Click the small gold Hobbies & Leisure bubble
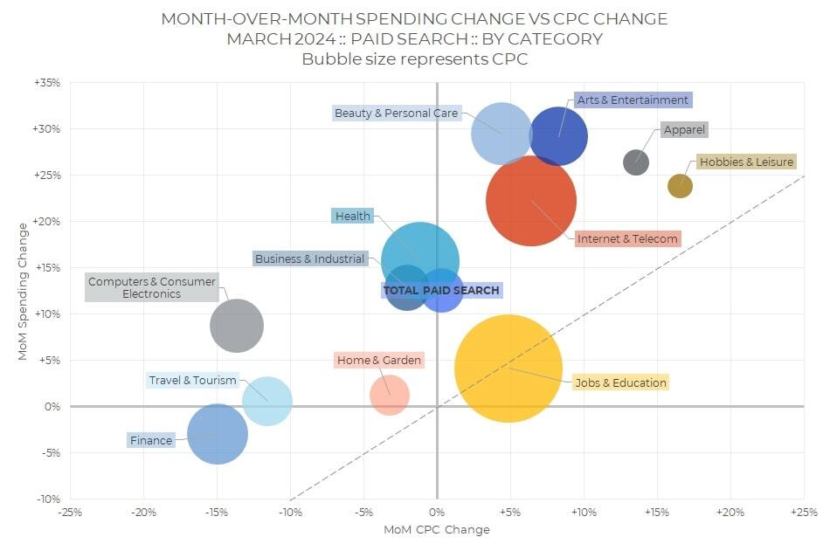coord(680,185)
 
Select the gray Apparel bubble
coord(636,162)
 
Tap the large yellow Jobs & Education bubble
coord(508,368)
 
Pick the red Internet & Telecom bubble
coord(531,200)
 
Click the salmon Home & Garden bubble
coord(390,395)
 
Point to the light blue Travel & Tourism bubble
coord(267,401)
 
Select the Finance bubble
coord(218,434)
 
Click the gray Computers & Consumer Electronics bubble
coord(237,326)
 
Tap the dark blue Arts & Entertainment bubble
coord(559,136)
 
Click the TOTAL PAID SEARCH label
coord(441,290)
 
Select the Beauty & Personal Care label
coord(396,114)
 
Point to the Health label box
coord(353,216)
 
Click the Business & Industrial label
coord(309,258)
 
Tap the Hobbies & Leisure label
coord(746,162)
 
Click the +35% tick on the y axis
coord(47,83)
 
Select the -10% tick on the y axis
coord(47,499)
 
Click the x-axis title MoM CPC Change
coord(437,530)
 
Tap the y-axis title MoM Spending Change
coord(24,291)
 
